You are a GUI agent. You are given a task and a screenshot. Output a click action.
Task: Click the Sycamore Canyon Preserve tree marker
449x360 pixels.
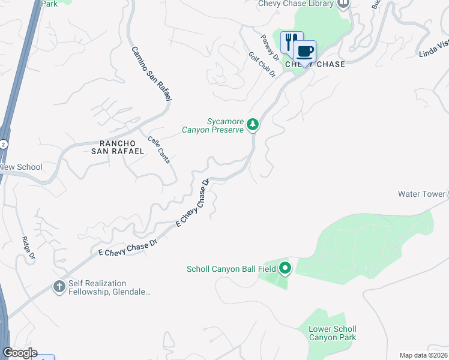point(253,124)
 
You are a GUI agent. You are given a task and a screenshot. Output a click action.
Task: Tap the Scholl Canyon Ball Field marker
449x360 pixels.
point(285,268)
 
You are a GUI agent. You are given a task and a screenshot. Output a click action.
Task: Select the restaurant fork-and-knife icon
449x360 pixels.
point(291,41)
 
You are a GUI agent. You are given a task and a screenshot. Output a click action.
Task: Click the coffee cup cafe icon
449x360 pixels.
point(304,51)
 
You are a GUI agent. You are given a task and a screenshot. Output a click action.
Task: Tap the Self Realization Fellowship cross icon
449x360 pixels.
point(59,287)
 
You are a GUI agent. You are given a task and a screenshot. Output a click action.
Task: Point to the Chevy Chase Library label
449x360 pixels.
point(295,4)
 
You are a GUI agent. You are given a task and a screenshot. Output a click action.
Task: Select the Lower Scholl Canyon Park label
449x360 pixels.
point(332,333)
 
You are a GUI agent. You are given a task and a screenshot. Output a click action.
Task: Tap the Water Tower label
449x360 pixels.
point(420,194)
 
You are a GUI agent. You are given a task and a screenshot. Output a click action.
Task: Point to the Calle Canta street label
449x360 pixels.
point(159,149)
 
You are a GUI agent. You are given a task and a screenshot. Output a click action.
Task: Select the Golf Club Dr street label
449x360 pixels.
point(262,65)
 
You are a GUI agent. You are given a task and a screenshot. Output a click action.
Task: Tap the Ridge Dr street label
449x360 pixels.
point(28,248)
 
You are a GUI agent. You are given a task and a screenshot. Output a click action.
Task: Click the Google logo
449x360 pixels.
point(20,353)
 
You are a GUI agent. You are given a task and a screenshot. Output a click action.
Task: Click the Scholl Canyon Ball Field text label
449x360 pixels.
point(231,269)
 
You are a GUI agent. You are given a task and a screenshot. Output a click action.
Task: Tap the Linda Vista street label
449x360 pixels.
point(434,49)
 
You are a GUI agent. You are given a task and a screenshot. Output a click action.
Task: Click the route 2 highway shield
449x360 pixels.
point(5,145)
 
